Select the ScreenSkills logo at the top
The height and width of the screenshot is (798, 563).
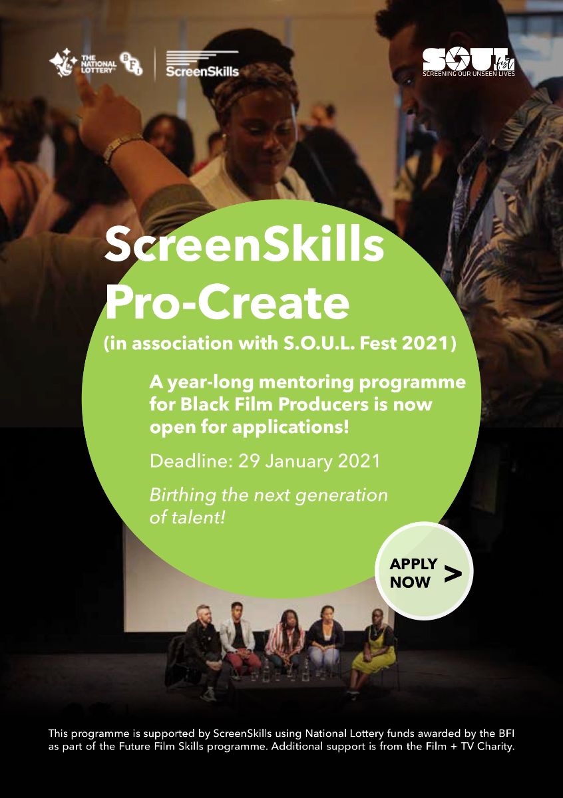201,65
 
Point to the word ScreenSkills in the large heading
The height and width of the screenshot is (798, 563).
245,244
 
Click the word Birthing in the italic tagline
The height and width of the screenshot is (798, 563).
177,495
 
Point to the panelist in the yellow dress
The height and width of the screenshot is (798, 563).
373,648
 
